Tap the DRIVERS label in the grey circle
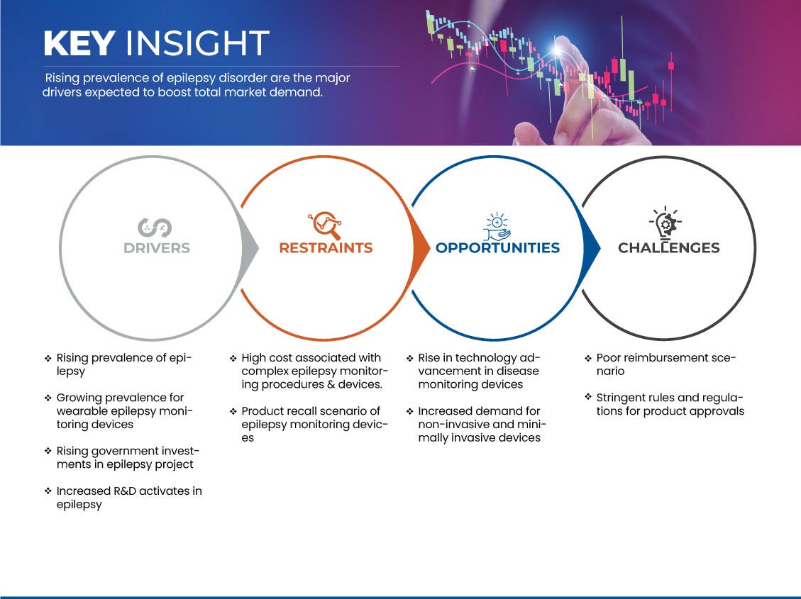[x=157, y=248]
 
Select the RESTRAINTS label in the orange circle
[x=326, y=248]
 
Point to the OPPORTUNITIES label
[x=497, y=248]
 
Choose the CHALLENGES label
[x=669, y=248]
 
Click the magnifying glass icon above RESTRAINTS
[x=325, y=225]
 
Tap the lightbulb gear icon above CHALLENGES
[x=665, y=223]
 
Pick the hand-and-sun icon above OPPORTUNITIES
[x=497, y=227]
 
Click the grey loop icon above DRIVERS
[x=155, y=228]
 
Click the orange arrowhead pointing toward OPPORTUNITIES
[x=421, y=249]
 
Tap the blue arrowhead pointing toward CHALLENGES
[x=592, y=249]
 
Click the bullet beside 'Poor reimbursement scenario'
[x=588, y=358]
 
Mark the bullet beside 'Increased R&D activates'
[x=48, y=491]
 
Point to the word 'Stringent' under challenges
[x=620, y=398]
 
